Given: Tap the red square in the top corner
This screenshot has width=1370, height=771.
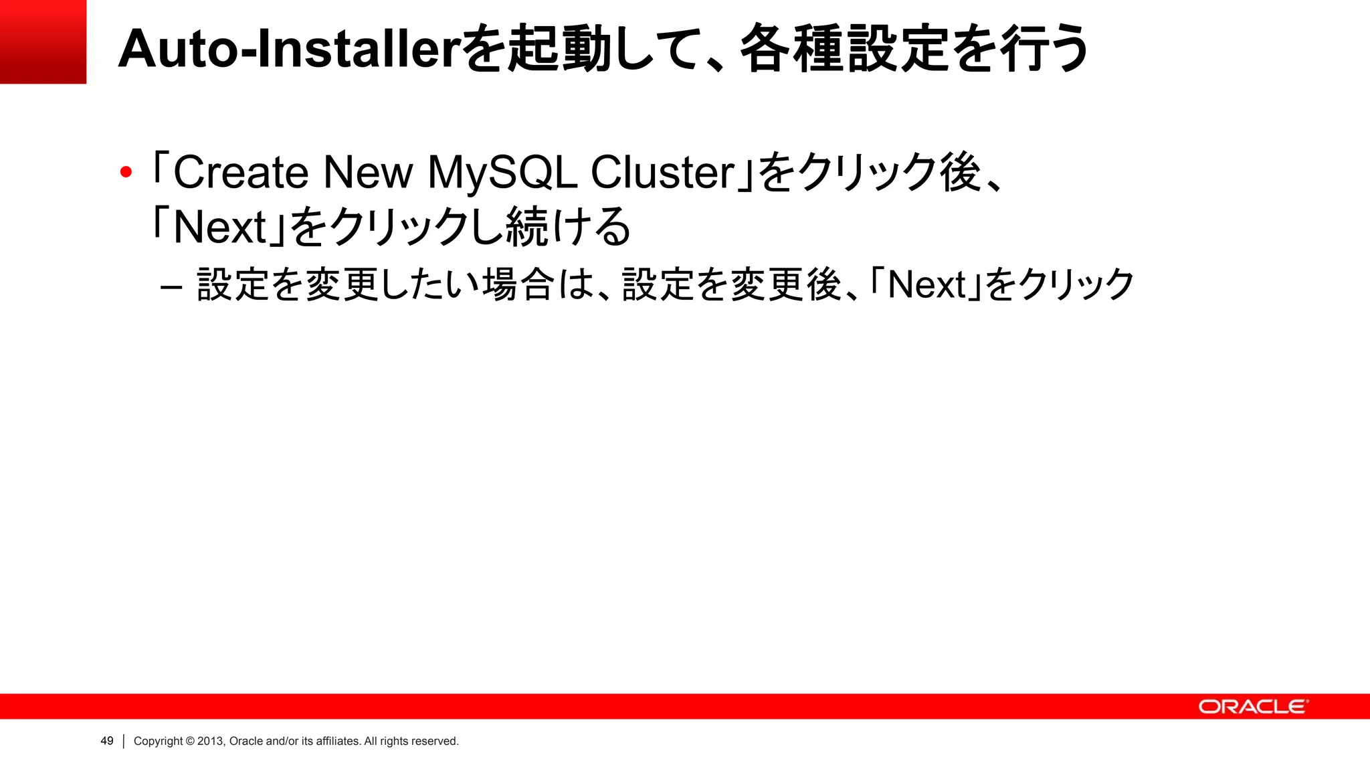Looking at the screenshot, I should coord(43,41).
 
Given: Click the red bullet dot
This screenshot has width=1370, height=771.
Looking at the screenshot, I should coord(126,173).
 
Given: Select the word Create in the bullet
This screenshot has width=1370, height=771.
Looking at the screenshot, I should coord(241,173).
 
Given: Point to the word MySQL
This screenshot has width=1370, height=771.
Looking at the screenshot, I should coord(502,173).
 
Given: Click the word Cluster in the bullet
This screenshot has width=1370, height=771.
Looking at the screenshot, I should coord(662,173).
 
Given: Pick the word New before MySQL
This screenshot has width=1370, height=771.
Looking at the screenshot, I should coord(368,173).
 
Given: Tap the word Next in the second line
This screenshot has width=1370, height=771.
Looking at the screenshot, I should coord(219,228).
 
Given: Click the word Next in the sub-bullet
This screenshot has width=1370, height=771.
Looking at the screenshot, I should coord(927,285).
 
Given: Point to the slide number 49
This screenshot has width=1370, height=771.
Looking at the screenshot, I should coord(107,741).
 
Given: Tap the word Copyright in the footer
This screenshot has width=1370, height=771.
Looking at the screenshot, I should coord(158,741).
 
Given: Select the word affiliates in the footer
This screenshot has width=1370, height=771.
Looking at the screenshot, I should coord(338,741).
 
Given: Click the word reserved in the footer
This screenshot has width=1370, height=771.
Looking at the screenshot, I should coord(435,741).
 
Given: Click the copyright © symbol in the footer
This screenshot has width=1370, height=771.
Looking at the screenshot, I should coord(190,741).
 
